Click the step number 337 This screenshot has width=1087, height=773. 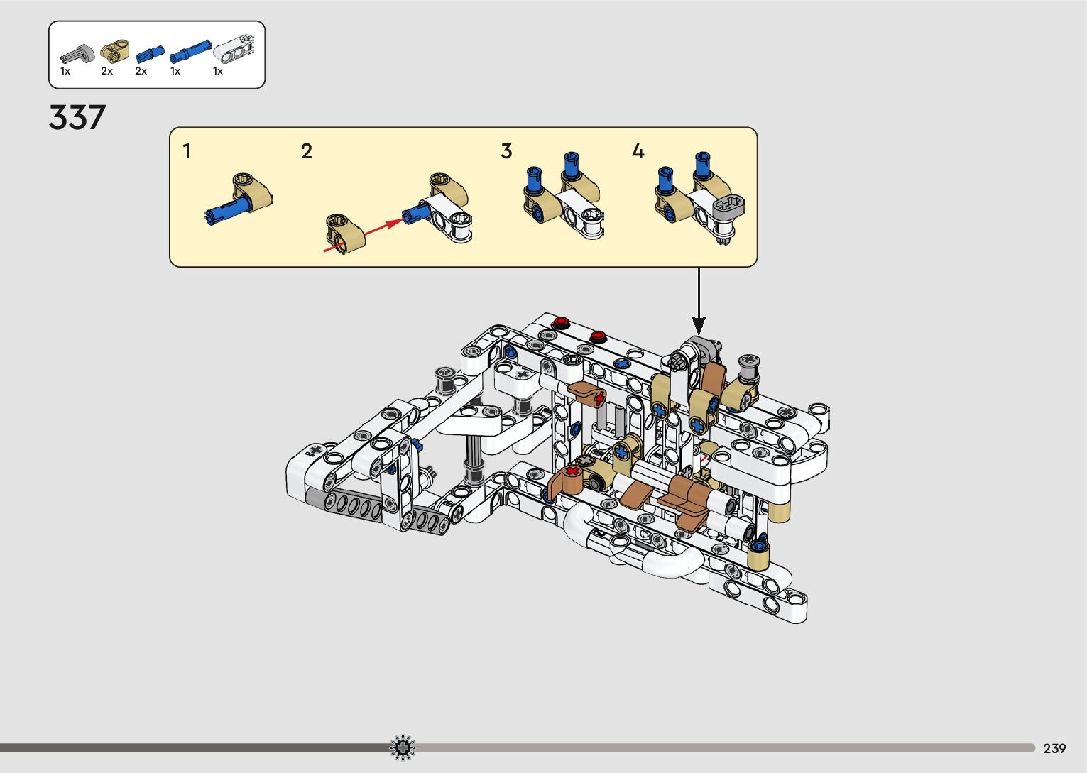tap(77, 117)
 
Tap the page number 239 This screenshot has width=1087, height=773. tap(1054, 748)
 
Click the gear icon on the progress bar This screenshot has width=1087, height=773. tap(403, 747)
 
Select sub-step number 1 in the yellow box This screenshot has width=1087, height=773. tap(187, 151)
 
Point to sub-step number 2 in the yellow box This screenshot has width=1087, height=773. tap(307, 151)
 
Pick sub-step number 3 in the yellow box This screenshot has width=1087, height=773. tap(506, 151)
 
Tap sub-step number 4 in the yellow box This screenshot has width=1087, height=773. tap(638, 151)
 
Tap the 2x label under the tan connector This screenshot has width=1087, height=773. tap(106, 71)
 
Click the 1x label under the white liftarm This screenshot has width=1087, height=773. tap(218, 71)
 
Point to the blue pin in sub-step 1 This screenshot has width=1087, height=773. tap(227, 209)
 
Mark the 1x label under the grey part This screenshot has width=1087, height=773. tap(65, 71)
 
